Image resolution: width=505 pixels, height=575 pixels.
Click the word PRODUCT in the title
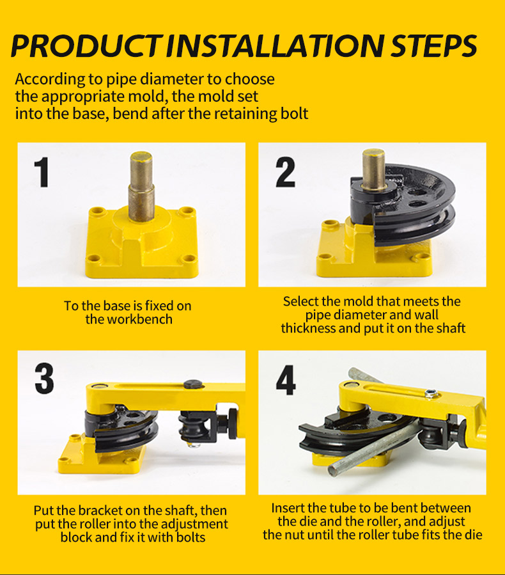click(x=86, y=46)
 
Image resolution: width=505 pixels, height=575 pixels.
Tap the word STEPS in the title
click(x=433, y=46)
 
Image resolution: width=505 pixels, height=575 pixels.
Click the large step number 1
click(x=42, y=172)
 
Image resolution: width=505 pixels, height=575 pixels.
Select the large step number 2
click(x=286, y=172)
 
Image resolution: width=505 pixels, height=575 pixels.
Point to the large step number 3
click(x=44, y=379)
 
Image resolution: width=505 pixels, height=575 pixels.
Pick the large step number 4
click(x=286, y=380)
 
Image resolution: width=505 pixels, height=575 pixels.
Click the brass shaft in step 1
click(x=141, y=186)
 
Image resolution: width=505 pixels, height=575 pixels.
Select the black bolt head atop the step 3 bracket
click(x=193, y=384)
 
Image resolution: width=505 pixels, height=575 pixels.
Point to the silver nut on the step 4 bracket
click(x=431, y=393)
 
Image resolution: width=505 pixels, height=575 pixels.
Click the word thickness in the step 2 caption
click(x=308, y=328)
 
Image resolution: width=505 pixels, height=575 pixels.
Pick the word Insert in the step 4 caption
click(x=288, y=508)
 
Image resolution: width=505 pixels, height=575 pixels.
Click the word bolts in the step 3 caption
click(x=190, y=537)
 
